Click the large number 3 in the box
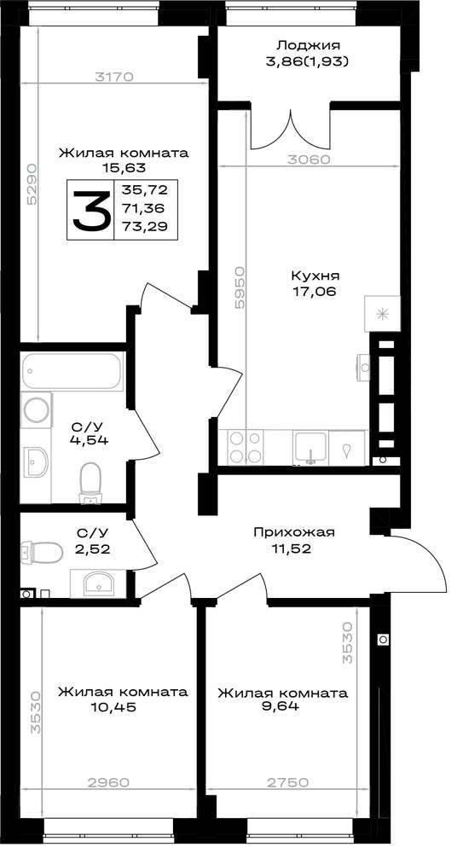click(x=91, y=210)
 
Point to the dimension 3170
click(x=113, y=77)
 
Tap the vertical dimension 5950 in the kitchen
click(x=240, y=287)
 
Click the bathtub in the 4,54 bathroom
click(x=73, y=370)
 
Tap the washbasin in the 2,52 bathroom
click(x=98, y=583)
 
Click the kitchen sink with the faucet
click(x=310, y=448)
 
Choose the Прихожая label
click(x=294, y=531)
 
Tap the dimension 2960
click(x=110, y=782)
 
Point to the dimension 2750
click(x=289, y=782)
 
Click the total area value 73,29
click(x=146, y=226)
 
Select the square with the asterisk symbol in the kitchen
click(x=382, y=313)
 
